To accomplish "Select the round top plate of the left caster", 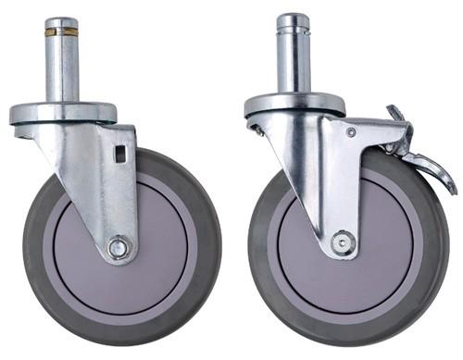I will click(x=63, y=113).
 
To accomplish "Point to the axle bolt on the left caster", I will click(x=118, y=248).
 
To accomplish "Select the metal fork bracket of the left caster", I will click(x=102, y=185).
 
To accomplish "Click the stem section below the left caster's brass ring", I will click(x=62, y=69).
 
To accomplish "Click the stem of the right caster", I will click(x=293, y=60).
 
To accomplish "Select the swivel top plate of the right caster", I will click(x=294, y=104).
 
